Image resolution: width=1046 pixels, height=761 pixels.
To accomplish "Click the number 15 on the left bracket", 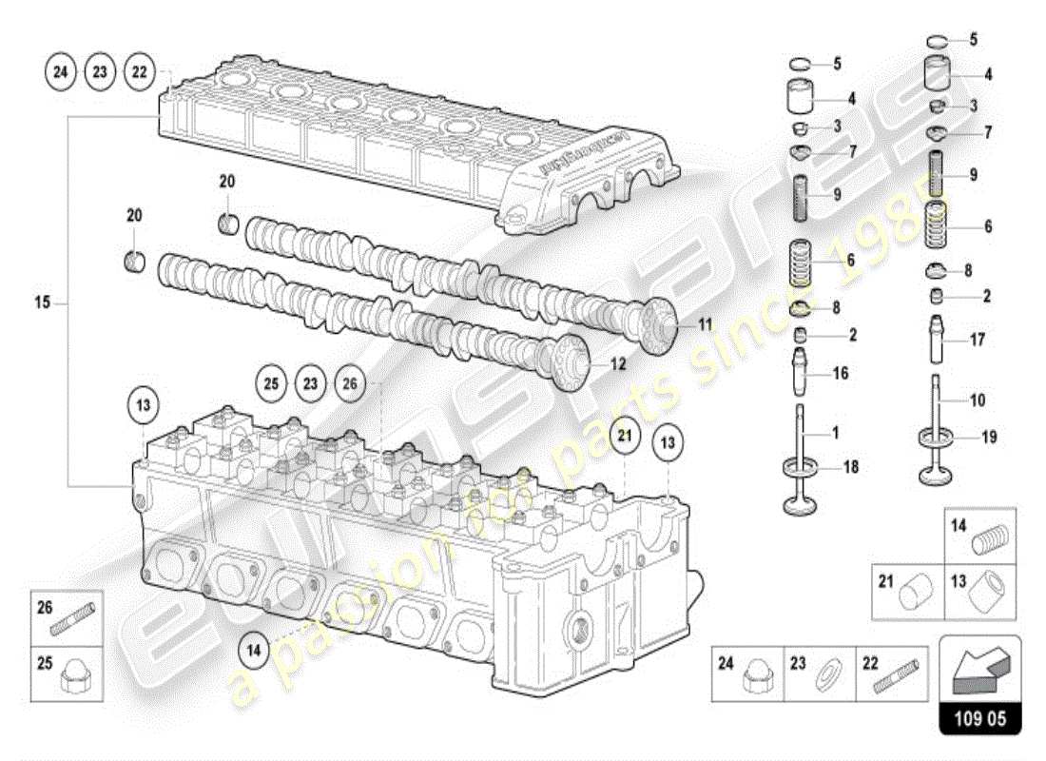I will click(x=41, y=304).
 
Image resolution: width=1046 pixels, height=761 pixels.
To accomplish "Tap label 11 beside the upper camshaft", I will click(x=704, y=324).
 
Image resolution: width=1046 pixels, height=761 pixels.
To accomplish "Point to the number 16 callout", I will click(x=841, y=374).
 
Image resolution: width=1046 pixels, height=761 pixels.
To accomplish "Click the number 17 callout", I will click(x=977, y=339).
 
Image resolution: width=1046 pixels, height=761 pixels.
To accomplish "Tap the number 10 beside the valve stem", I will click(x=978, y=400).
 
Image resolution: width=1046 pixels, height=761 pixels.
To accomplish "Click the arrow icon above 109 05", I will click(x=978, y=669).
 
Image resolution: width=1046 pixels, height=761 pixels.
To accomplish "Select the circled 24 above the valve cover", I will click(x=62, y=72).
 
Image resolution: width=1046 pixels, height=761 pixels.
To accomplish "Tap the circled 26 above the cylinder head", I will click(x=350, y=384).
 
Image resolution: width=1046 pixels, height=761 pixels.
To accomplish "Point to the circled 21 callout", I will click(x=624, y=437).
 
